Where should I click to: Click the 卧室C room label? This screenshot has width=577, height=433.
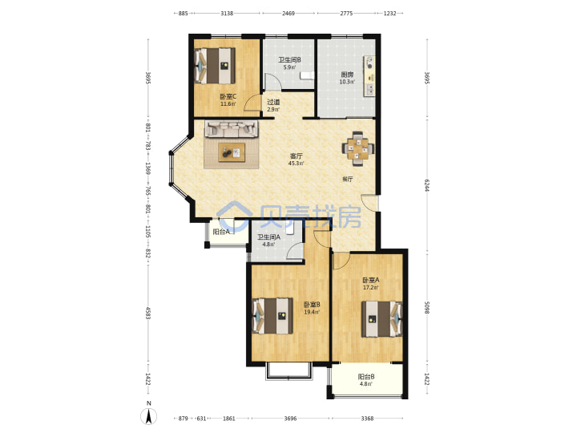pyautogui.click(x=228, y=97)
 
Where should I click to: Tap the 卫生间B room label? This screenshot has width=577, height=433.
pyautogui.click(x=289, y=60)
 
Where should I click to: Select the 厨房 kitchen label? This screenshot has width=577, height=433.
pyautogui.click(x=347, y=75)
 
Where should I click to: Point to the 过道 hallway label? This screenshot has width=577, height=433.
pyautogui.click(x=273, y=103)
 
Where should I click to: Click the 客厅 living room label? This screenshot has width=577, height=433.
pyautogui.click(x=297, y=156)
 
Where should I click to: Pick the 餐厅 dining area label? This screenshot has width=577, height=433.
pyautogui.click(x=348, y=180)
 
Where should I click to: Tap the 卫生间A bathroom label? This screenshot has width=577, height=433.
pyautogui.click(x=268, y=237)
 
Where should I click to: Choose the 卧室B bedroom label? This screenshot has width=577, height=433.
pyautogui.click(x=312, y=305)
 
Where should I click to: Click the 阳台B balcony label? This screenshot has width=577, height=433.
pyautogui.click(x=366, y=377)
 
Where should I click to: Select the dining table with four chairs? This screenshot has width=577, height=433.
pyautogui.click(x=358, y=148)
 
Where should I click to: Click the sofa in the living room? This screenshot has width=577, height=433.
pyautogui.click(x=232, y=129)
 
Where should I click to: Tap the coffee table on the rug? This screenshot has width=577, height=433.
pyautogui.click(x=232, y=152)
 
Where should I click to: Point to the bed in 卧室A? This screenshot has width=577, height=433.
pyautogui.click(x=382, y=319)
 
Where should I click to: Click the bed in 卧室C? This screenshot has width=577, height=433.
pyautogui.click(x=215, y=66)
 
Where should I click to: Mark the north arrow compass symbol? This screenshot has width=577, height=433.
pyautogui.click(x=149, y=416)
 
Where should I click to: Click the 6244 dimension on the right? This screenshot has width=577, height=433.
pyautogui.click(x=426, y=185)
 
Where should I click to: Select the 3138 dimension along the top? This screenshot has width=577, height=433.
pyautogui.click(x=227, y=14)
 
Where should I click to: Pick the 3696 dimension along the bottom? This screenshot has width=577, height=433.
pyautogui.click(x=290, y=419)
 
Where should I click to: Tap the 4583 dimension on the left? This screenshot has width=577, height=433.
pyautogui.click(x=148, y=313)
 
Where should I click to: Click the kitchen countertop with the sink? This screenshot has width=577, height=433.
pyautogui.click(x=369, y=76)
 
